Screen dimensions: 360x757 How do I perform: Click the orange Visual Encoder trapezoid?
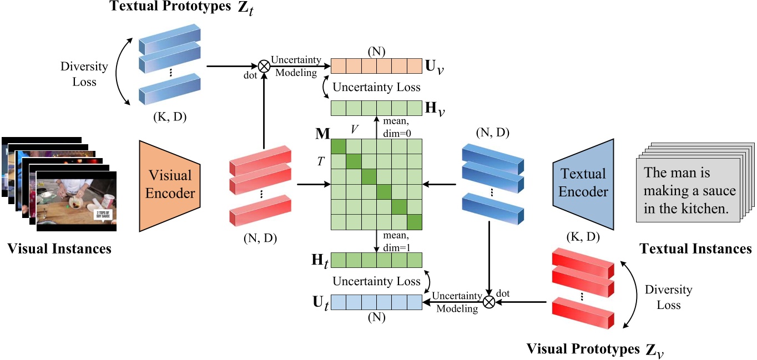(170, 184)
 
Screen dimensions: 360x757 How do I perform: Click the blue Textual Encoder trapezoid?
(583, 184)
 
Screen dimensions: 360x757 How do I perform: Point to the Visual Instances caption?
(59, 249)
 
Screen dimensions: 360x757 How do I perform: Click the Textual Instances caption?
(696, 249)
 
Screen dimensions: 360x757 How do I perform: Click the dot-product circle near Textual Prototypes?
(264, 66)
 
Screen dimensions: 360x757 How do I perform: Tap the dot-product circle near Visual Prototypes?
(489, 302)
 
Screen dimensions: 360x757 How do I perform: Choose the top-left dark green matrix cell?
(339, 146)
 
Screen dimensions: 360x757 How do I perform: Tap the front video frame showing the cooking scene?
(77, 201)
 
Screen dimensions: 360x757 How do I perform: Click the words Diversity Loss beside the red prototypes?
(668, 297)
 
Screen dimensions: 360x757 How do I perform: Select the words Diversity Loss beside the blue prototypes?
(85, 74)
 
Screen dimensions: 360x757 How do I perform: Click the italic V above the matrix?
(355, 129)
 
